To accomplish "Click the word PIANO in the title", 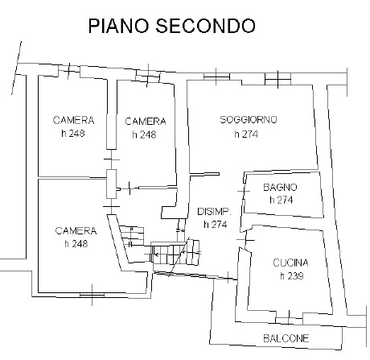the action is pyautogui.click(x=118, y=26).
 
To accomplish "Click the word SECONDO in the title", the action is pyautogui.click(x=205, y=26).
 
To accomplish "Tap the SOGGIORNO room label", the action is pyautogui.click(x=249, y=119).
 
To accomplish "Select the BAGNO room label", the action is pyautogui.click(x=280, y=187).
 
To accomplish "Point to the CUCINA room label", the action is pyautogui.click(x=290, y=263).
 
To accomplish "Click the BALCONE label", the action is pyautogui.click(x=286, y=338).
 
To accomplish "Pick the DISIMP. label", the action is pyautogui.click(x=214, y=212).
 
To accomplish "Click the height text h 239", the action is pyautogui.click(x=292, y=275).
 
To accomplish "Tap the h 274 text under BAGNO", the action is pyautogui.click(x=282, y=200).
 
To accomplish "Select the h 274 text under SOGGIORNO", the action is pyautogui.click(x=246, y=134).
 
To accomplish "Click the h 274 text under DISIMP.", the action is pyautogui.click(x=216, y=224).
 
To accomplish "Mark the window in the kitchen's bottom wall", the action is pyautogui.click(x=289, y=321).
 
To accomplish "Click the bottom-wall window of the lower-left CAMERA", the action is pyautogui.click(x=92, y=295).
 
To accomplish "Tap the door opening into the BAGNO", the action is pyautogui.click(x=244, y=191).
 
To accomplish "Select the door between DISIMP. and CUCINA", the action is pyautogui.click(x=245, y=240).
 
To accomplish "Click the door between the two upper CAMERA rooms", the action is pyautogui.click(x=112, y=159).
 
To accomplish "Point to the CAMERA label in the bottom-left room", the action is pyautogui.click(x=76, y=231).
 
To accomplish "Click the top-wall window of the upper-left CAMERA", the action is pyautogui.click(x=69, y=70).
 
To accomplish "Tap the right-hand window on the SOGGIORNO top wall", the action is pyautogui.click(x=277, y=79).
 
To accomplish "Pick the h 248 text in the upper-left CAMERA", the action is pyautogui.click(x=73, y=133).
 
